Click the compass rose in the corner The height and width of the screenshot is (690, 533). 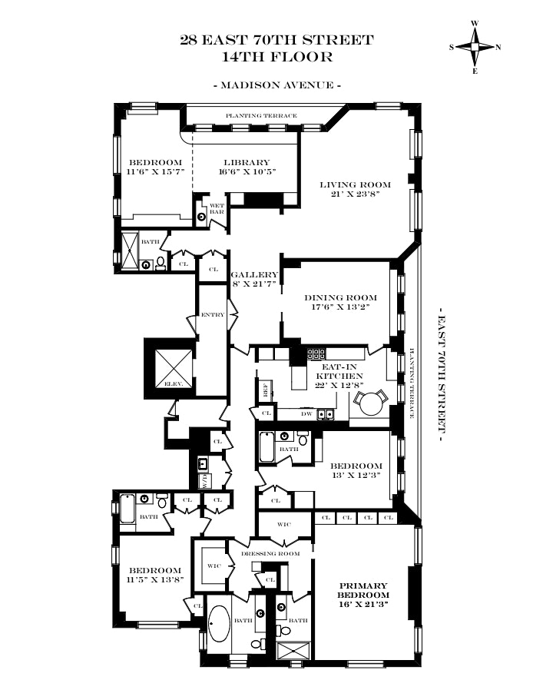(475, 47)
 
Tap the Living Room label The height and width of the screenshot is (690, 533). (356, 189)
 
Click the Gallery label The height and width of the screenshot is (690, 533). (257, 279)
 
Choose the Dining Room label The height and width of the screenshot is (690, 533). (341, 302)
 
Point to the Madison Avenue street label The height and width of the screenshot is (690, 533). (276, 85)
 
